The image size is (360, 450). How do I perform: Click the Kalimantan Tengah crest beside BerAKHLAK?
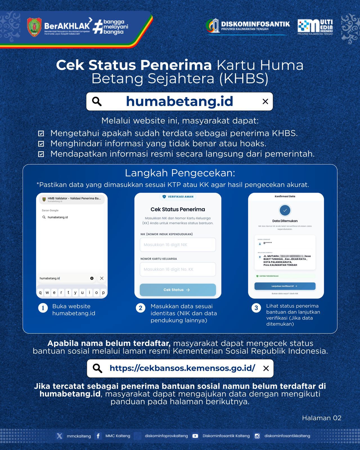[x=34, y=27]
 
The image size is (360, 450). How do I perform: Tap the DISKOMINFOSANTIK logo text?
[x=255, y=24]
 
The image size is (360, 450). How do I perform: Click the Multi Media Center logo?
[x=315, y=27]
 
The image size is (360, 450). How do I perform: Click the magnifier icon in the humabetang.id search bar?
[x=97, y=101]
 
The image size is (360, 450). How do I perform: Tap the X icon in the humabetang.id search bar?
[x=265, y=102]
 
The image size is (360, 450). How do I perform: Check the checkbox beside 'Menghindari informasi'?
[x=41, y=144]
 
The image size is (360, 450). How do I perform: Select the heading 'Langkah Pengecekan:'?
[x=180, y=173]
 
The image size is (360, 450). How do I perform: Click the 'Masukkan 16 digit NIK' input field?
[x=178, y=245]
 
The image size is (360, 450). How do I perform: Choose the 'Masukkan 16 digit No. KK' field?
[x=178, y=269]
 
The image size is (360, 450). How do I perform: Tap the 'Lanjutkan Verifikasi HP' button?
[x=285, y=286]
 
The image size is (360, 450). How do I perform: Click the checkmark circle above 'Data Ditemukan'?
[x=285, y=210]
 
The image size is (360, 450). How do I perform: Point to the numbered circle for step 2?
[x=141, y=308]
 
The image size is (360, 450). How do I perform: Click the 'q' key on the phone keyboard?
[x=40, y=292]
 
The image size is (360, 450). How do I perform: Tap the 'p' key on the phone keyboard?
[x=103, y=292]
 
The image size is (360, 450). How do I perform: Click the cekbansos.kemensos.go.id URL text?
[x=182, y=368]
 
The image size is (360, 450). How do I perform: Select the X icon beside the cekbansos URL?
[x=266, y=368]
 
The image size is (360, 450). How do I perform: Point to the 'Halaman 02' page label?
[x=321, y=418]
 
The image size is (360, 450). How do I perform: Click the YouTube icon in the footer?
[x=195, y=436]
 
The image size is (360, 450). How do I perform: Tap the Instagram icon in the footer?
[x=257, y=436]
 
